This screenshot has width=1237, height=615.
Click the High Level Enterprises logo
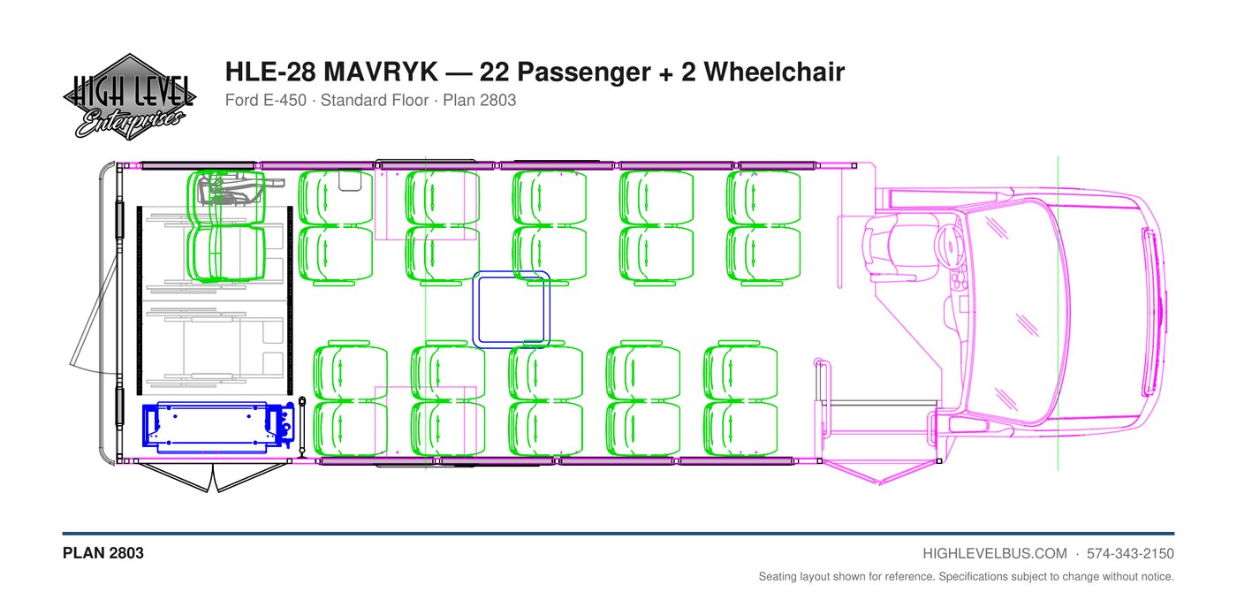click(129, 96)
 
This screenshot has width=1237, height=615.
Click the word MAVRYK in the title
click(381, 72)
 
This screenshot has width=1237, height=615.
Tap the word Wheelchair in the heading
click(774, 72)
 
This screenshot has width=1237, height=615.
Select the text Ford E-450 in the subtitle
click(266, 101)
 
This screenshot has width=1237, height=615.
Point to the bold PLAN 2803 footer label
click(103, 553)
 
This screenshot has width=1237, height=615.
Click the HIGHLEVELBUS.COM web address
click(995, 554)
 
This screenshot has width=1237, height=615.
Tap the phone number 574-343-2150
click(1130, 554)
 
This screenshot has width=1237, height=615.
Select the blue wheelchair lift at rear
click(218, 427)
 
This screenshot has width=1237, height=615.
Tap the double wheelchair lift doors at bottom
click(213, 477)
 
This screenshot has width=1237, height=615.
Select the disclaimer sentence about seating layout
click(967, 577)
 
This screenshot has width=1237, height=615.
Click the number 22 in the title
click(494, 72)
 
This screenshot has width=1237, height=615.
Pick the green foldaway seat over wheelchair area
click(226, 226)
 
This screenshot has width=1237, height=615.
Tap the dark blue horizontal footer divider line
click(618, 534)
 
